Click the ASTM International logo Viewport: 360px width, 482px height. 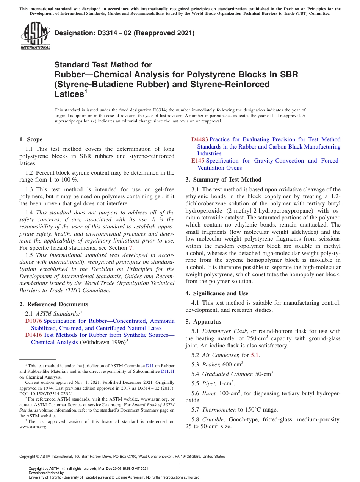point(35,36)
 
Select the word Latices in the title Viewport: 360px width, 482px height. point(69,94)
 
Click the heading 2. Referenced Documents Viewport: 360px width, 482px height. point(53,304)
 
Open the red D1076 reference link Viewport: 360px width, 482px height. point(33,321)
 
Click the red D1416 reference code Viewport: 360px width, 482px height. point(33,335)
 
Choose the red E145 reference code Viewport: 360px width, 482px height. point(197,161)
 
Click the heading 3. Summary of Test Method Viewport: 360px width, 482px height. point(223,180)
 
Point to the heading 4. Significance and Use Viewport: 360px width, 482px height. point(217,293)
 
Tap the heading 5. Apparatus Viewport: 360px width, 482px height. point(203,322)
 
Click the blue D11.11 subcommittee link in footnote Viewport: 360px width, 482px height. point(168,371)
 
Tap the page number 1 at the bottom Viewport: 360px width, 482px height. point(180,465)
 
